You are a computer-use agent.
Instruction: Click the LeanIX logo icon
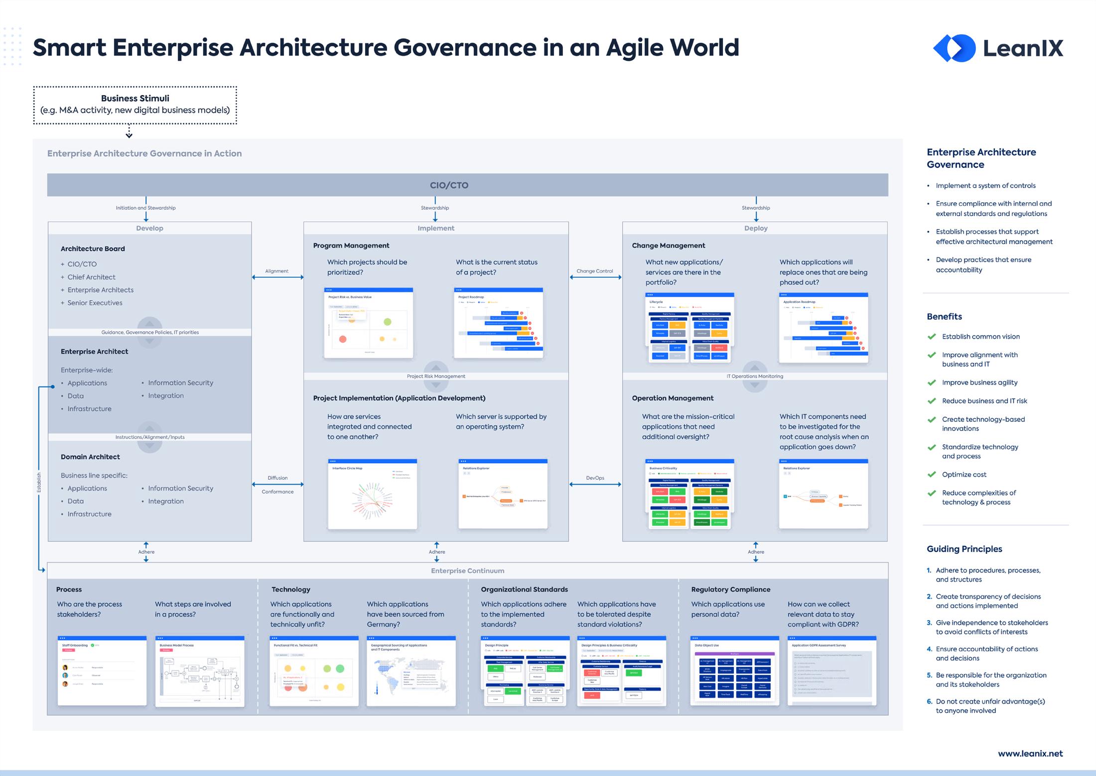point(954,48)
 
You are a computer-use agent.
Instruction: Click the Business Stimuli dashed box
point(135,105)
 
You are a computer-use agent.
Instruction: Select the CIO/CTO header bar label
point(449,185)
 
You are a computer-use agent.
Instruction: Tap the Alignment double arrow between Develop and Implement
point(277,277)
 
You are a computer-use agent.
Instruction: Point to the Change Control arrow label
point(594,271)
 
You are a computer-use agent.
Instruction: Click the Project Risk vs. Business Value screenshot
point(369,323)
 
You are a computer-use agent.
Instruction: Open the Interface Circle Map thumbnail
point(372,494)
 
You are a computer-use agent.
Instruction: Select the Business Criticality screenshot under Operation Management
point(689,494)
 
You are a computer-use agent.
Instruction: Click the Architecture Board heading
point(93,249)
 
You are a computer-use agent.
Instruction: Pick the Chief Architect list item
point(91,277)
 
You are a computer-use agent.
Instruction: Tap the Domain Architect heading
point(90,457)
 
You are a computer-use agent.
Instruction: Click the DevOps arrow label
point(595,478)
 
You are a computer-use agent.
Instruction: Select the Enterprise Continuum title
point(467,571)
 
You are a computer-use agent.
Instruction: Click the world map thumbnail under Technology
point(411,671)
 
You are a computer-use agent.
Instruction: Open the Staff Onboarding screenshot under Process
point(102,671)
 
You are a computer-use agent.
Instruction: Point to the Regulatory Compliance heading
point(730,589)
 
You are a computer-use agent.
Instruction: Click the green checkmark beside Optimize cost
point(932,475)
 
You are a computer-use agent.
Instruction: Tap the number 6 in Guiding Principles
point(929,701)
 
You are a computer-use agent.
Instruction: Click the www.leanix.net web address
point(1030,754)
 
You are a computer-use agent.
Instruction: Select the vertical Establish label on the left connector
point(39,482)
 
